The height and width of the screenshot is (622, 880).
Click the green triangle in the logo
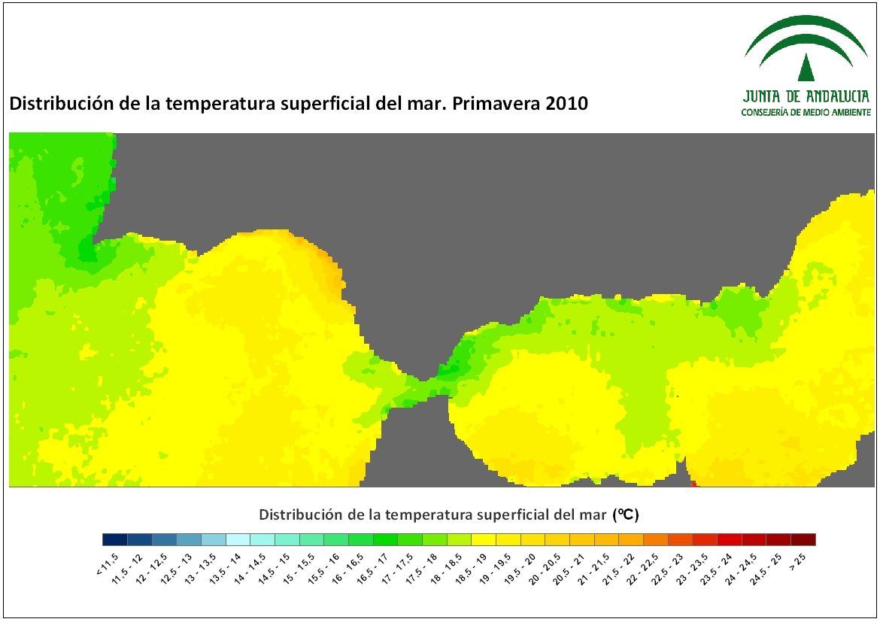click(806, 68)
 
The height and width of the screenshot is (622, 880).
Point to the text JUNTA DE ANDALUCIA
click(806, 96)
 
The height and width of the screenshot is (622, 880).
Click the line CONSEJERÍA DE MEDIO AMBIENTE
click(806, 112)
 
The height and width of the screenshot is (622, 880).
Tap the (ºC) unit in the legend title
click(626, 514)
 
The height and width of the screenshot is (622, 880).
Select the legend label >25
click(797, 561)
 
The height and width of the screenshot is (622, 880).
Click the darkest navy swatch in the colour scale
click(115, 539)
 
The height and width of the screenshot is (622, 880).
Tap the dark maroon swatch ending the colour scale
click(803, 539)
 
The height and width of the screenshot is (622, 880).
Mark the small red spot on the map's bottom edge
click(693, 484)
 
